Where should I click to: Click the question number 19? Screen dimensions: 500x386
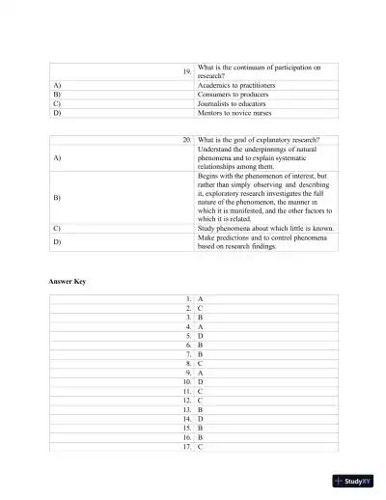pos(186,71)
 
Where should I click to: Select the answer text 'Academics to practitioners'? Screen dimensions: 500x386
pos(236,85)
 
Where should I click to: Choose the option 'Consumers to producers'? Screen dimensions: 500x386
pos(233,95)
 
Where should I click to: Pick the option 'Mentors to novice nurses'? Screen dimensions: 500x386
pos(236,113)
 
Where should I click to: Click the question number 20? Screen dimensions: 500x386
pos(186,140)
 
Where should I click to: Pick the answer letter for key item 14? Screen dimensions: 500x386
pos(200,419)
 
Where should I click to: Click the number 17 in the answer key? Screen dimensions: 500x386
pos(186,447)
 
